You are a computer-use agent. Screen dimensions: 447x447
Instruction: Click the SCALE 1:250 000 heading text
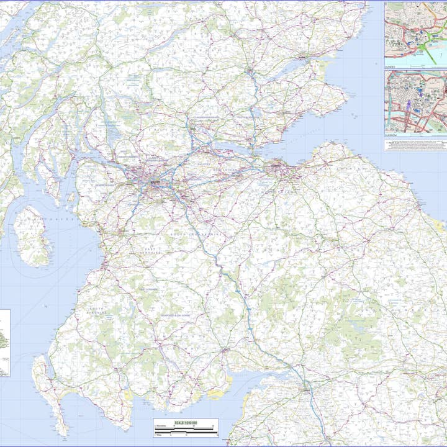[186, 423]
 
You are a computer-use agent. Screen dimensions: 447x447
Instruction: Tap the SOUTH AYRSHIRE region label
[97, 309]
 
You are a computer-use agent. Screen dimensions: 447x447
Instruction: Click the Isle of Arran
[31, 235]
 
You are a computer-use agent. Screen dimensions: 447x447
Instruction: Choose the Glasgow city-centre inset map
[415, 101]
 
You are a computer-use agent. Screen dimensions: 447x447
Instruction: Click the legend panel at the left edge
[5, 343]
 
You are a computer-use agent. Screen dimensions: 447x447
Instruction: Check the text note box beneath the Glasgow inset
[415, 144]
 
